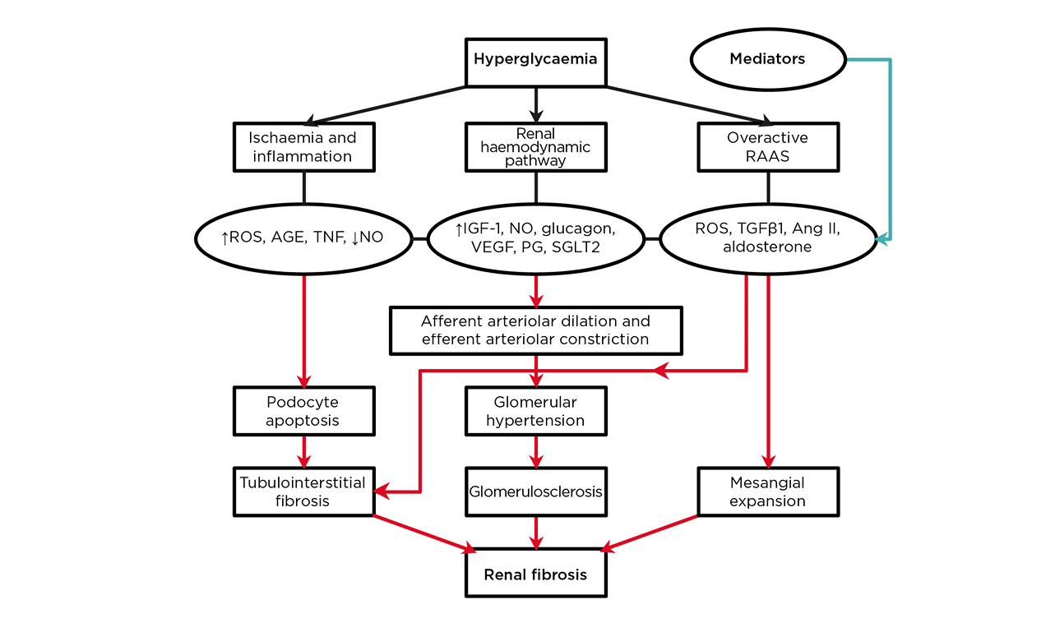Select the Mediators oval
click(x=768, y=60)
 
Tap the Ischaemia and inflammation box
click(x=304, y=147)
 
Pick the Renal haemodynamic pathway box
click(x=536, y=147)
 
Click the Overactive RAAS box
click(x=767, y=147)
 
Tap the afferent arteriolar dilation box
click(x=536, y=330)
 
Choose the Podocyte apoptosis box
click(x=304, y=412)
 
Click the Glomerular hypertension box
click(x=536, y=412)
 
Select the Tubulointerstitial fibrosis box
click(x=304, y=491)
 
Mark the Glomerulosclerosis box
click(x=536, y=491)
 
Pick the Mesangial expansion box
click(x=767, y=491)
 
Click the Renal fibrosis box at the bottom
click(x=536, y=574)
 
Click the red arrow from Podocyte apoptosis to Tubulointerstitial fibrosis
click(x=304, y=451)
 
